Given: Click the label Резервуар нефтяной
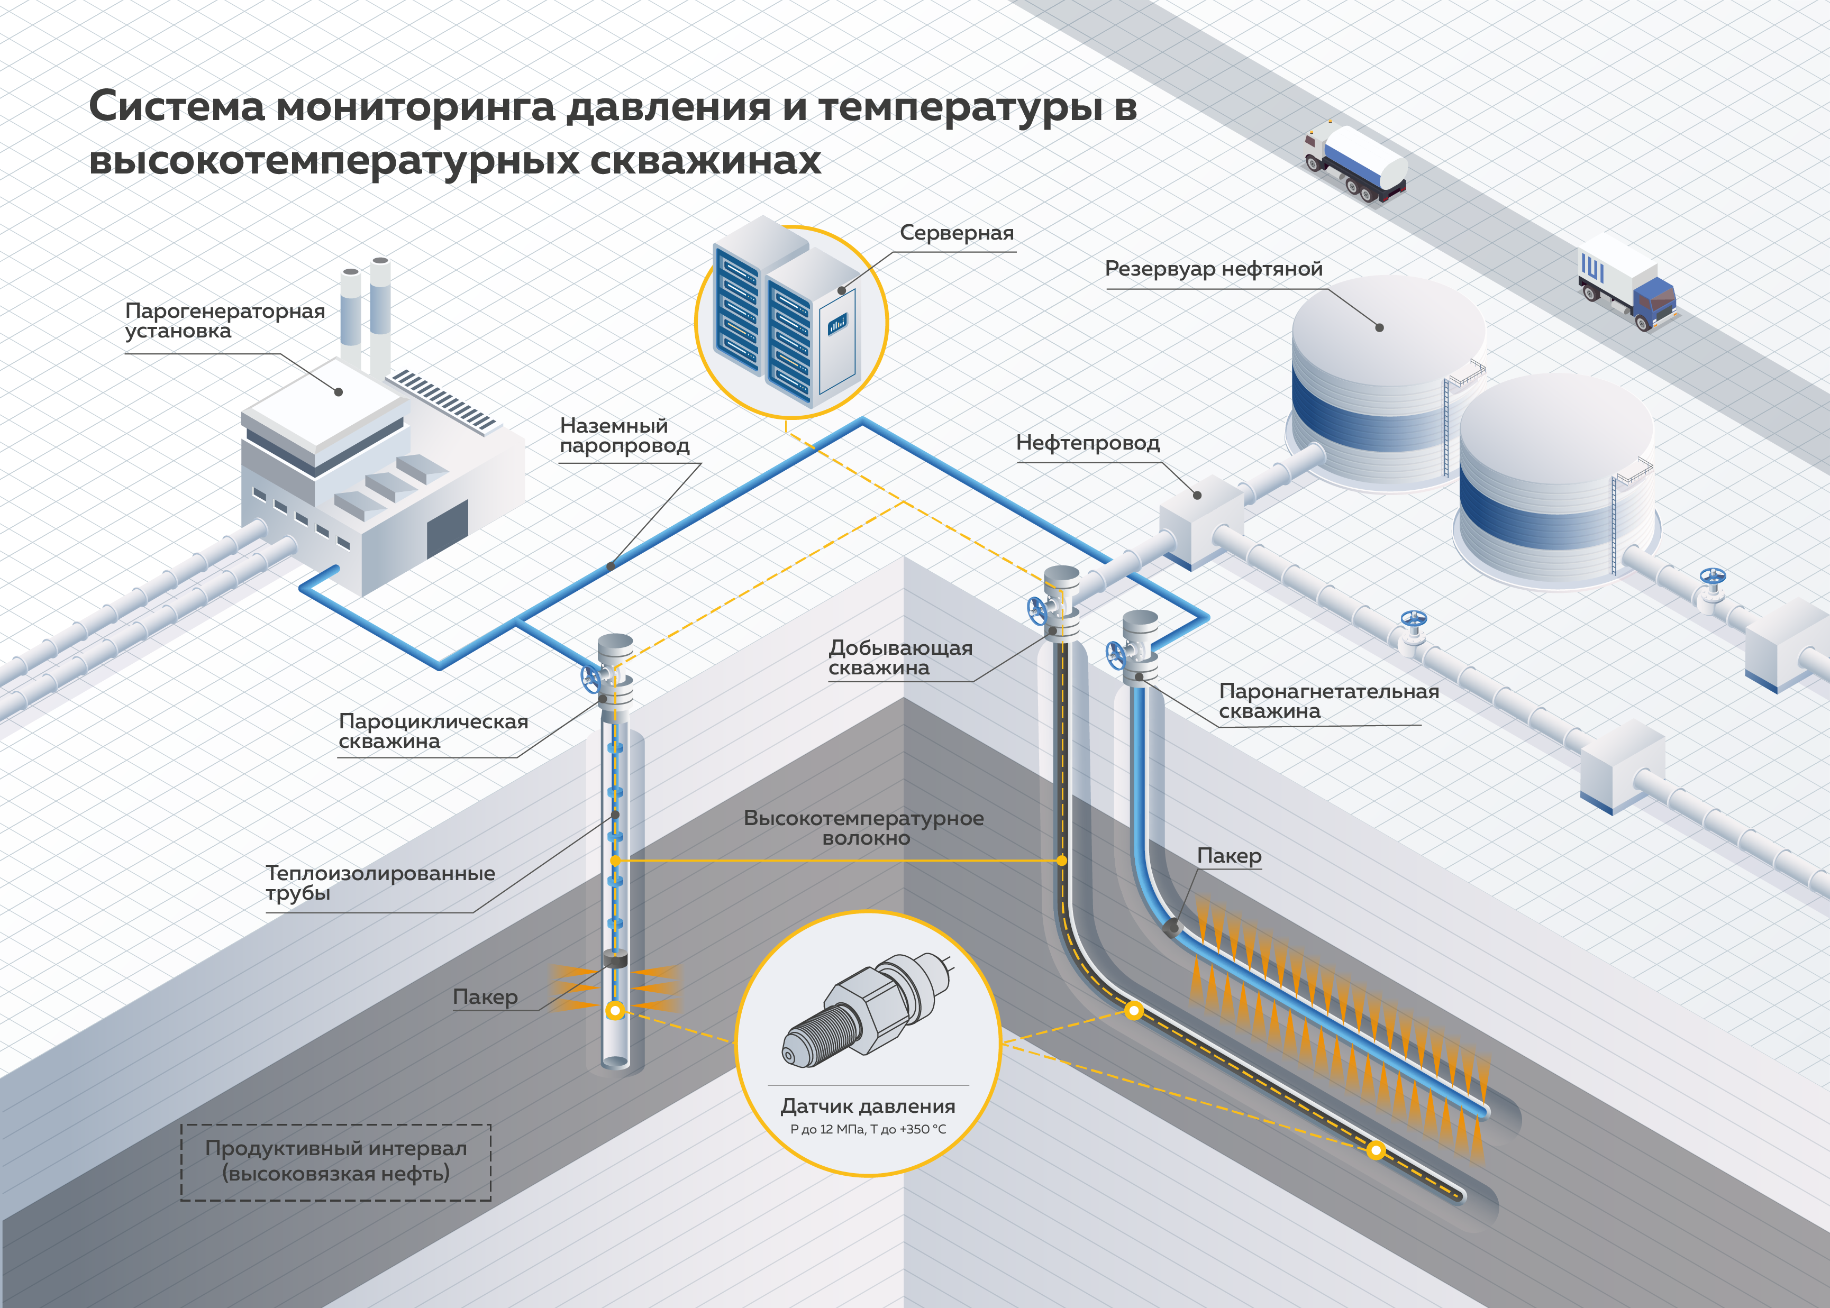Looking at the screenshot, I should click(x=1213, y=269).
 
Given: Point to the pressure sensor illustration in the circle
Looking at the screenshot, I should click(x=867, y=1010).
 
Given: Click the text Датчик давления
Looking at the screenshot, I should click(x=868, y=1106).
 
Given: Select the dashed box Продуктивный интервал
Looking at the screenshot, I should click(x=336, y=1161).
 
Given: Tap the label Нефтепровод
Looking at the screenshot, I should click(x=1087, y=443).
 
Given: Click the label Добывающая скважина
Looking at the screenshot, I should click(x=900, y=657).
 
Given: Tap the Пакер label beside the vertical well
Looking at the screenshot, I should click(x=485, y=997).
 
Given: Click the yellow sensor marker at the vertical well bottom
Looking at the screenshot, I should click(x=615, y=1010).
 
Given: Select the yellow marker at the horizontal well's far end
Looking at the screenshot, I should click(x=1376, y=1150).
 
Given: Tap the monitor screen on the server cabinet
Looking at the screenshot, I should click(x=837, y=324).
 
